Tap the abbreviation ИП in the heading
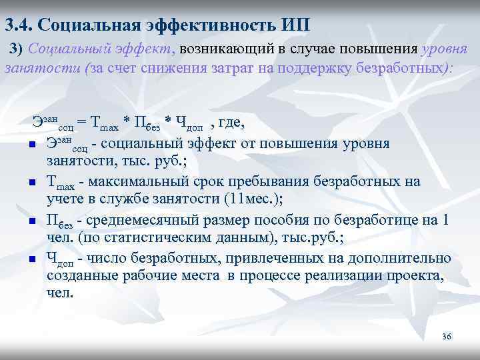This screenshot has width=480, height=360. pos(294,25)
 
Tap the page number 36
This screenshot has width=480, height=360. pos(447,336)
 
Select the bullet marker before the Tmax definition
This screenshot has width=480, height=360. pos(31,183)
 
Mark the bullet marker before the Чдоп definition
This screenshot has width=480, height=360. pos(31,258)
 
